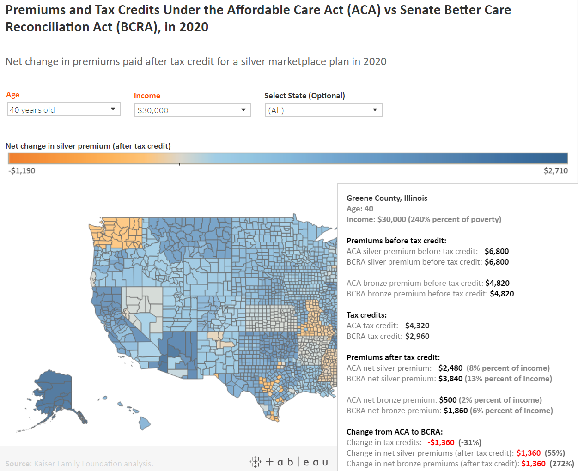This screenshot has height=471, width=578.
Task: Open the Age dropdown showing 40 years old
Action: (x=64, y=109)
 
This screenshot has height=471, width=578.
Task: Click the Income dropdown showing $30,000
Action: (x=193, y=110)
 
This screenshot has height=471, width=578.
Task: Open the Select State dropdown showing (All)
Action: (x=324, y=110)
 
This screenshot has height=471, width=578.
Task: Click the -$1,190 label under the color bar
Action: (x=22, y=170)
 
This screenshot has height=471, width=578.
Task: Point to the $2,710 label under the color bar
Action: (x=555, y=170)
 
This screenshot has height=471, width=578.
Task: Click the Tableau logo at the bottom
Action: (x=289, y=462)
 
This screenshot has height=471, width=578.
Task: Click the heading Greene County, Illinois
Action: (x=387, y=198)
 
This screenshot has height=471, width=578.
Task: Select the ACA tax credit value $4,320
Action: (x=417, y=326)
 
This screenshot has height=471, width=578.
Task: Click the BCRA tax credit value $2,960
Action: (x=417, y=336)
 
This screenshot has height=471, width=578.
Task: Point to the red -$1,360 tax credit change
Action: (x=441, y=442)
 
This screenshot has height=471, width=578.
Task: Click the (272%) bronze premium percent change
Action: (x=561, y=464)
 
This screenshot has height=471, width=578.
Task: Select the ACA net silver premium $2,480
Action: (x=450, y=368)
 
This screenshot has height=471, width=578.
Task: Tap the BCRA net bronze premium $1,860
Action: (x=455, y=411)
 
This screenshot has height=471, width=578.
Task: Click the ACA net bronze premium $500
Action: (x=448, y=400)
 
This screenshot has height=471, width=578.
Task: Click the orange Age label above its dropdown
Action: (x=12, y=95)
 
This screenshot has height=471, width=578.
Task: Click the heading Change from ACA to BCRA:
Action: (x=395, y=432)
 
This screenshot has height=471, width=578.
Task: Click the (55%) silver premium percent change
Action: (x=554, y=453)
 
